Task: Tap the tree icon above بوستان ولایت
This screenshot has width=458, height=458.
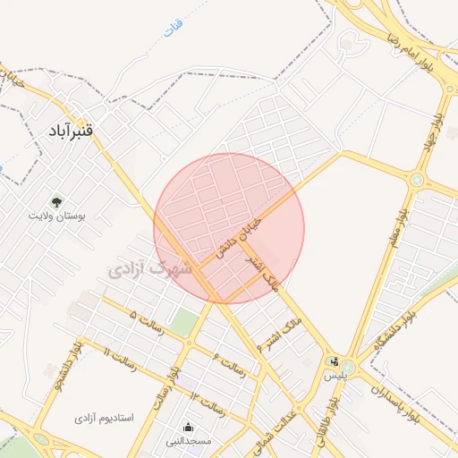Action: pos(57,202)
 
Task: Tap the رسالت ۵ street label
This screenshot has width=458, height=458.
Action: pos(147,321)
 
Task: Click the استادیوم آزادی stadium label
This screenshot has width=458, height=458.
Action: pos(103,418)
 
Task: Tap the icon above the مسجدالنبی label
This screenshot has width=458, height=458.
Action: pos(188,428)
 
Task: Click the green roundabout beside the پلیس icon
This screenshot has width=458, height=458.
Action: pos(347,368)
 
